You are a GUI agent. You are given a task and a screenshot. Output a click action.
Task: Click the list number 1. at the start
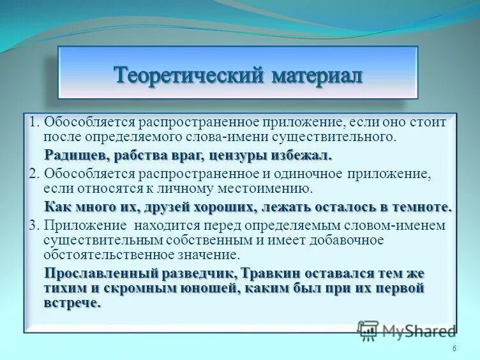34,122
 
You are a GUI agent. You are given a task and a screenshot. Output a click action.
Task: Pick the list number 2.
34,174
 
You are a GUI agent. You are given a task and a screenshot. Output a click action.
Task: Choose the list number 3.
34,225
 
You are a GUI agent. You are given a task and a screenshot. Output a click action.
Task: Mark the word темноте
424,207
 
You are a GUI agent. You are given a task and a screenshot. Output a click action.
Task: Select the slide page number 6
454,348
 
